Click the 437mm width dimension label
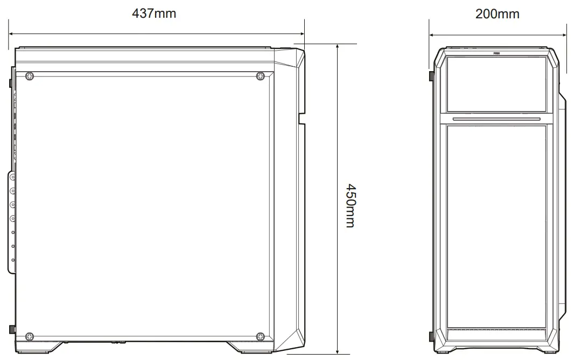(x=154, y=13)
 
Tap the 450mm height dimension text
(x=350, y=206)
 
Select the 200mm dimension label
(x=497, y=14)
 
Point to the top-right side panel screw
(x=260, y=76)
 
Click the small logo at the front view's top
(x=496, y=53)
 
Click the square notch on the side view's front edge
(x=302, y=118)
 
